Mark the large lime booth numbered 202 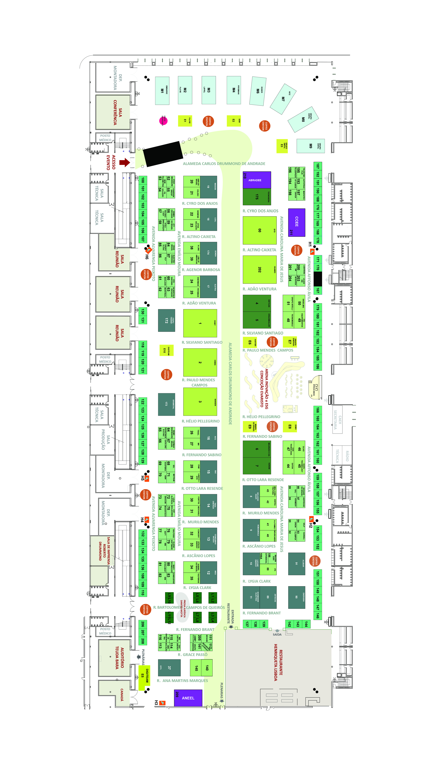259,269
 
